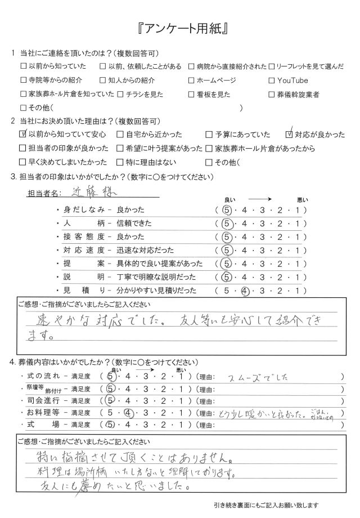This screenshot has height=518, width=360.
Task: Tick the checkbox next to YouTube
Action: pos(272,80)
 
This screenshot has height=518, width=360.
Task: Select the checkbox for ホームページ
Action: pos(192,80)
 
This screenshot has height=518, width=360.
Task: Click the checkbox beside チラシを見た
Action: pos(120,94)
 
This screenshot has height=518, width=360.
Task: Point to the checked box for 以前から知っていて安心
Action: pos(23,135)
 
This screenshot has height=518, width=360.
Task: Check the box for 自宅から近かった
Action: pos(120,135)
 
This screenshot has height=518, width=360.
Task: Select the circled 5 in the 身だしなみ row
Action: pos(227,210)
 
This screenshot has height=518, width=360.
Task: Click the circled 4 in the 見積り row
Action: pos(245,291)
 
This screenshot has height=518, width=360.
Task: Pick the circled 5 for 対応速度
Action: pos(227,251)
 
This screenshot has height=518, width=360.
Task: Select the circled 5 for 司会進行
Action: pos(111,400)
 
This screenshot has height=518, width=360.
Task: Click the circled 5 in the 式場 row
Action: pos(110,425)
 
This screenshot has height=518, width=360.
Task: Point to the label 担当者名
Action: pos(43,194)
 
